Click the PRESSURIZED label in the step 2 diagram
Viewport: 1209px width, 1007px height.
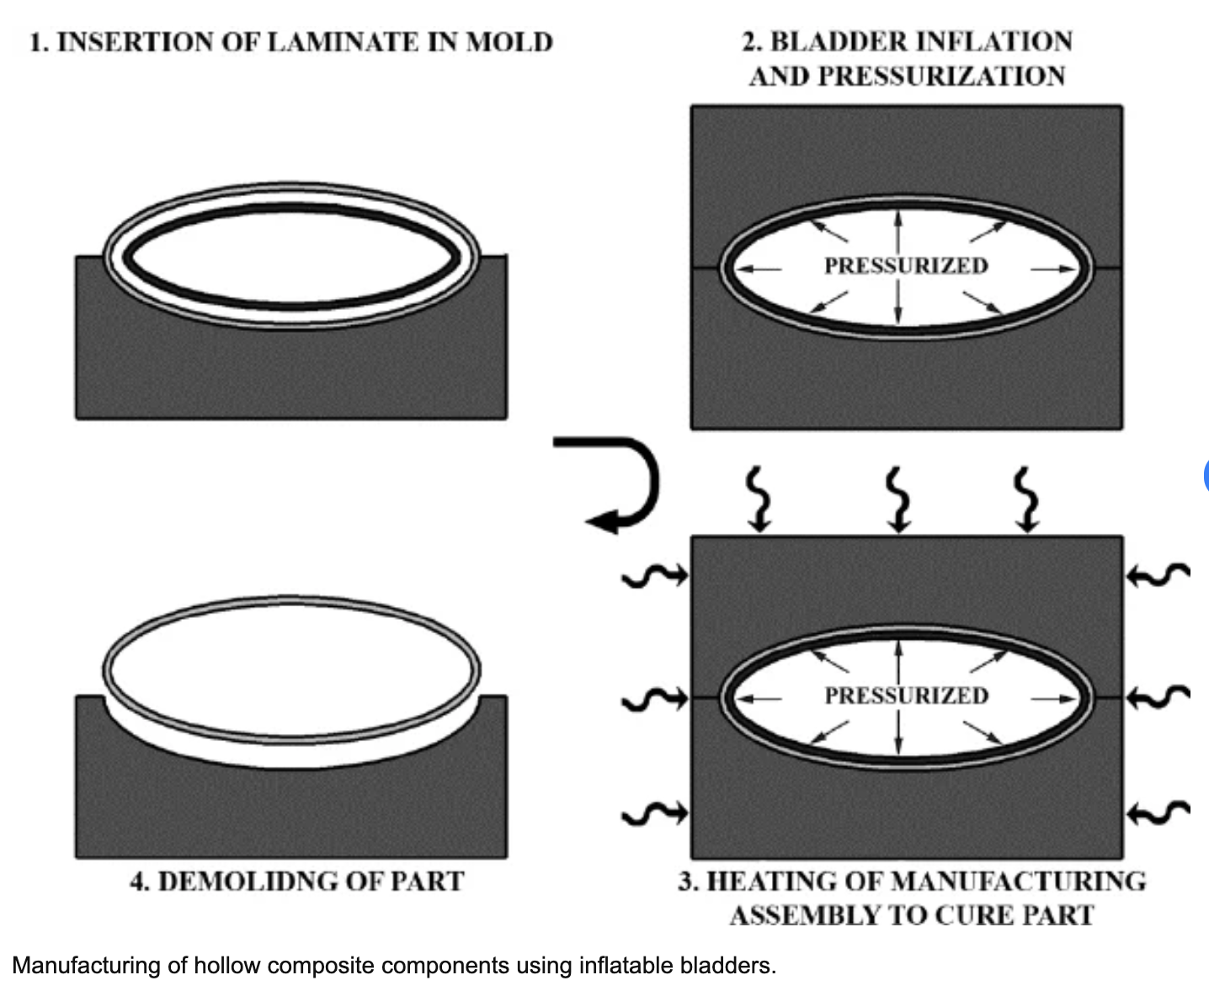tap(906, 266)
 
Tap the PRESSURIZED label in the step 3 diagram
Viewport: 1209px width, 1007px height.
tap(907, 695)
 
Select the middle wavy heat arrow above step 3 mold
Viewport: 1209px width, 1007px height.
tap(898, 499)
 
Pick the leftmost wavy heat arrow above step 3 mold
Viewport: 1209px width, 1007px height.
tap(759, 499)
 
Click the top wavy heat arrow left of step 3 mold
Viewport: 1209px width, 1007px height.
tap(655, 576)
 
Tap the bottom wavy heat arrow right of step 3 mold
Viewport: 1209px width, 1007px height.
tap(1158, 812)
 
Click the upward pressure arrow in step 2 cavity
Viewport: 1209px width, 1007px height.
tap(898, 231)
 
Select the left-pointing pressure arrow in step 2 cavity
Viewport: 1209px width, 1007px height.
tap(758, 269)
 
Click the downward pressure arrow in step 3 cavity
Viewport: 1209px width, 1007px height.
tap(898, 732)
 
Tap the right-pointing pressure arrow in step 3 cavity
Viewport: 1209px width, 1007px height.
tap(1054, 699)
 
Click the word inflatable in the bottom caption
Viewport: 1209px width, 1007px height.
tap(626, 965)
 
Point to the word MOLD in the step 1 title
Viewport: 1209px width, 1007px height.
tap(509, 42)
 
